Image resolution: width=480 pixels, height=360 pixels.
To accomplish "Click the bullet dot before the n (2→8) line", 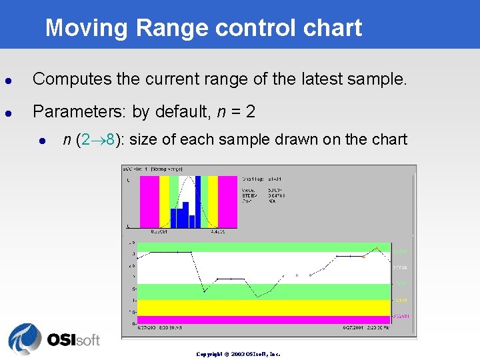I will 42,140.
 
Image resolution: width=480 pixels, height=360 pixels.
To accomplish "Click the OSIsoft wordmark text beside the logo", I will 73,340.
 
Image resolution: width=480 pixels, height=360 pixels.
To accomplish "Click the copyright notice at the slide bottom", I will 238,354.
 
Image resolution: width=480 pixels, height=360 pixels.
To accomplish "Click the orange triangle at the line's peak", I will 377,248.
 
